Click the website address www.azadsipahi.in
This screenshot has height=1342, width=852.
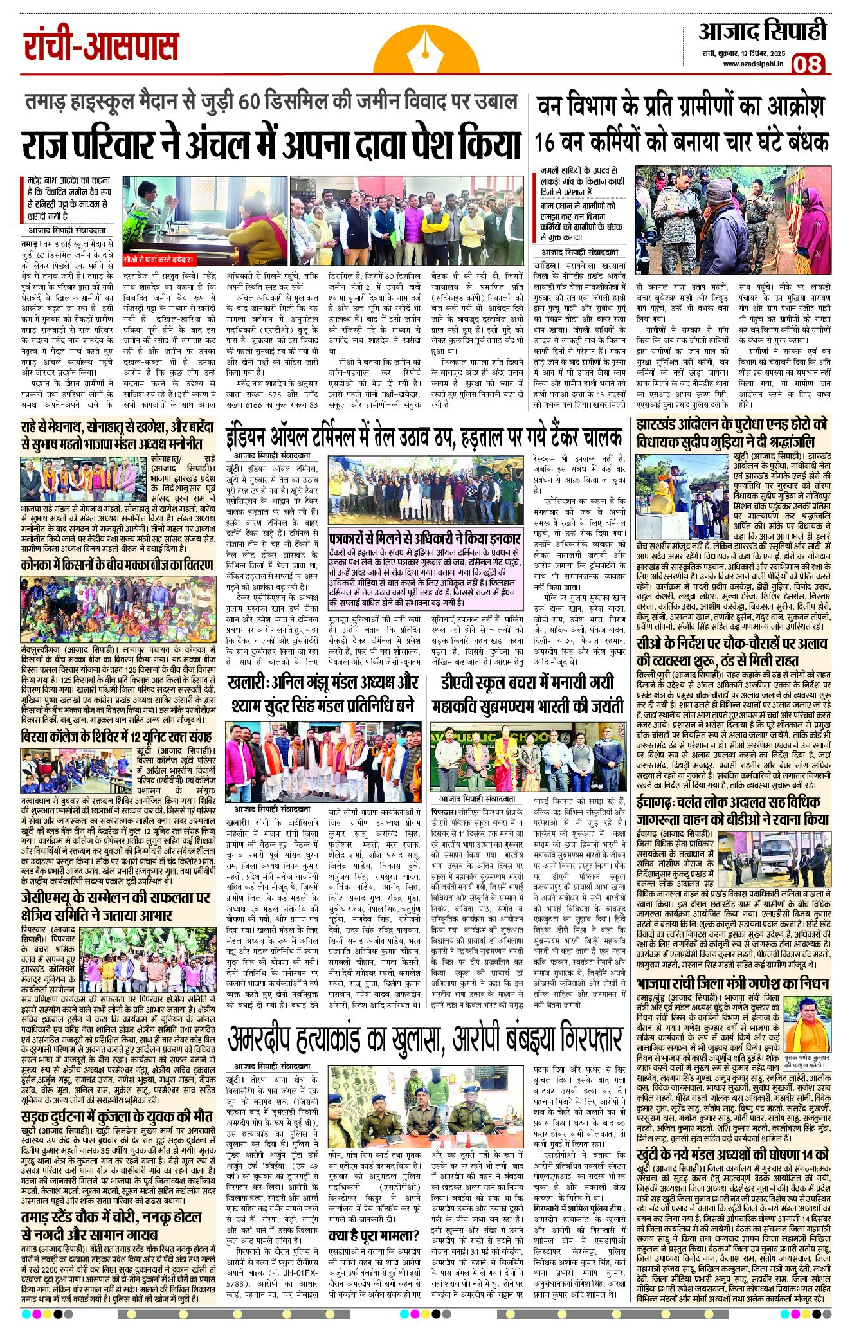[x=753, y=63]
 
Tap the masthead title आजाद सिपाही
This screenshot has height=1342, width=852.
[x=762, y=30]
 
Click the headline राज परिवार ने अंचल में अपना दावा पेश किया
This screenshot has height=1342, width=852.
[x=270, y=145]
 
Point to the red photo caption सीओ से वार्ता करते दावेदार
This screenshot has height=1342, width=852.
[x=158, y=260]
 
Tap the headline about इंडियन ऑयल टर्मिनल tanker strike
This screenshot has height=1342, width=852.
[x=423, y=437]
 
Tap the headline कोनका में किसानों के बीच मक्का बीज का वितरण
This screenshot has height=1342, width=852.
[x=116, y=566]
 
